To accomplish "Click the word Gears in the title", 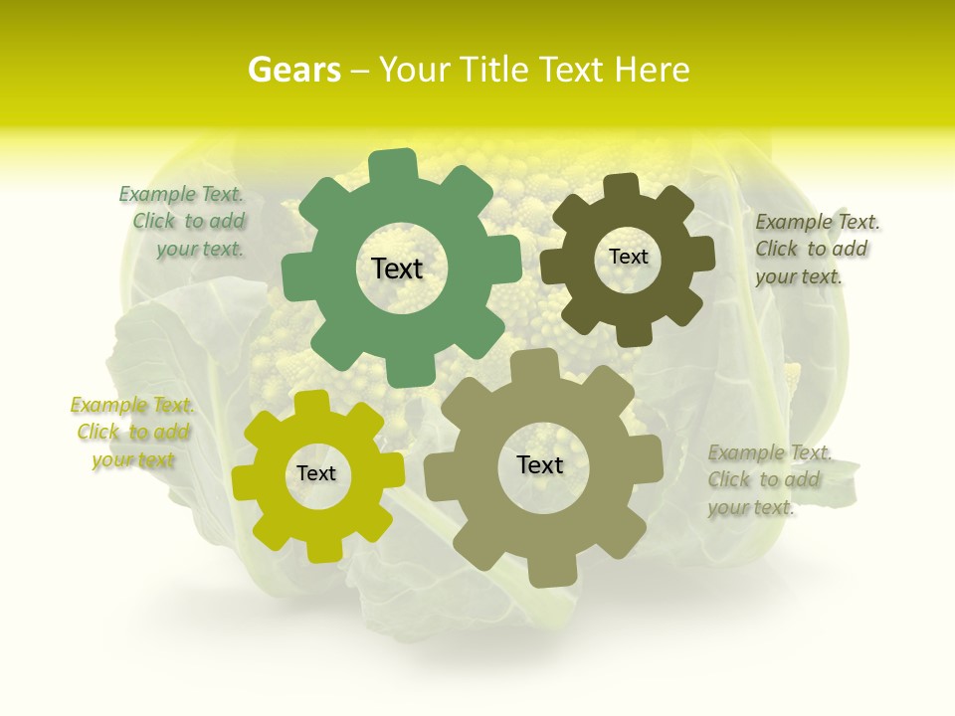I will click(293, 70).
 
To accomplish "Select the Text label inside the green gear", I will click(397, 268).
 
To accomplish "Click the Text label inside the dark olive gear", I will click(628, 257).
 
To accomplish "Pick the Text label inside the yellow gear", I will click(316, 473).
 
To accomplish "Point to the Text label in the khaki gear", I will click(540, 465).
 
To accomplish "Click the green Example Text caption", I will click(182, 222).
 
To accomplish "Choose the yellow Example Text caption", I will click(132, 433).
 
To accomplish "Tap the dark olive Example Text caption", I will click(817, 249).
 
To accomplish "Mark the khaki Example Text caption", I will click(769, 480).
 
